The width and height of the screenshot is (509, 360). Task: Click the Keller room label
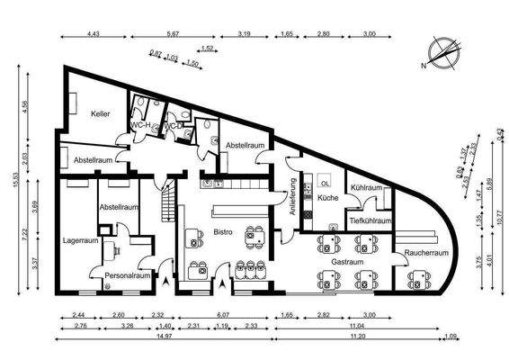[99, 114]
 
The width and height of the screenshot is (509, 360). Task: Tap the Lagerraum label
[81, 240]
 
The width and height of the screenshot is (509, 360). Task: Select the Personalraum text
[127, 275]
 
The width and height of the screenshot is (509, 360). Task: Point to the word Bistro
[222, 232]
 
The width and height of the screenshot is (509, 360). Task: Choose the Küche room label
[327, 197]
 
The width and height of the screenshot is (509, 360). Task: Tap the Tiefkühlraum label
[371, 220]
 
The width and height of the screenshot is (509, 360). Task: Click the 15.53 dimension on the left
[14, 180]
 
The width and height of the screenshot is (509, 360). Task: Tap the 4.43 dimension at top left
[93, 34]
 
